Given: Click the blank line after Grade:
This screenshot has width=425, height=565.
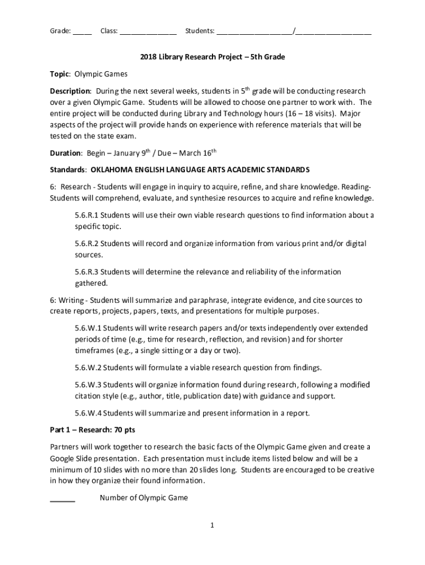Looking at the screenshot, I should coord(82,33).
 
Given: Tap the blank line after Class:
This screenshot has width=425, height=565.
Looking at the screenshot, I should coord(148,33).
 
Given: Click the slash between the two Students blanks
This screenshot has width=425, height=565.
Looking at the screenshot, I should coord(294,31).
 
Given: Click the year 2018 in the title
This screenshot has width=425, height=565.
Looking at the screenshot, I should coord(148,57).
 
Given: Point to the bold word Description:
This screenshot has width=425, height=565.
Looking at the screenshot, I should coord(70,91).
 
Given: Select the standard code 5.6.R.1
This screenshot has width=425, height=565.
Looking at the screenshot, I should coord(87,215).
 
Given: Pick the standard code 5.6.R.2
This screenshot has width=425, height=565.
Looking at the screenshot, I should coord(87,243).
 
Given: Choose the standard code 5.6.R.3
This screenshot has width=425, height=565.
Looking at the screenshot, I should coord(87,271).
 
